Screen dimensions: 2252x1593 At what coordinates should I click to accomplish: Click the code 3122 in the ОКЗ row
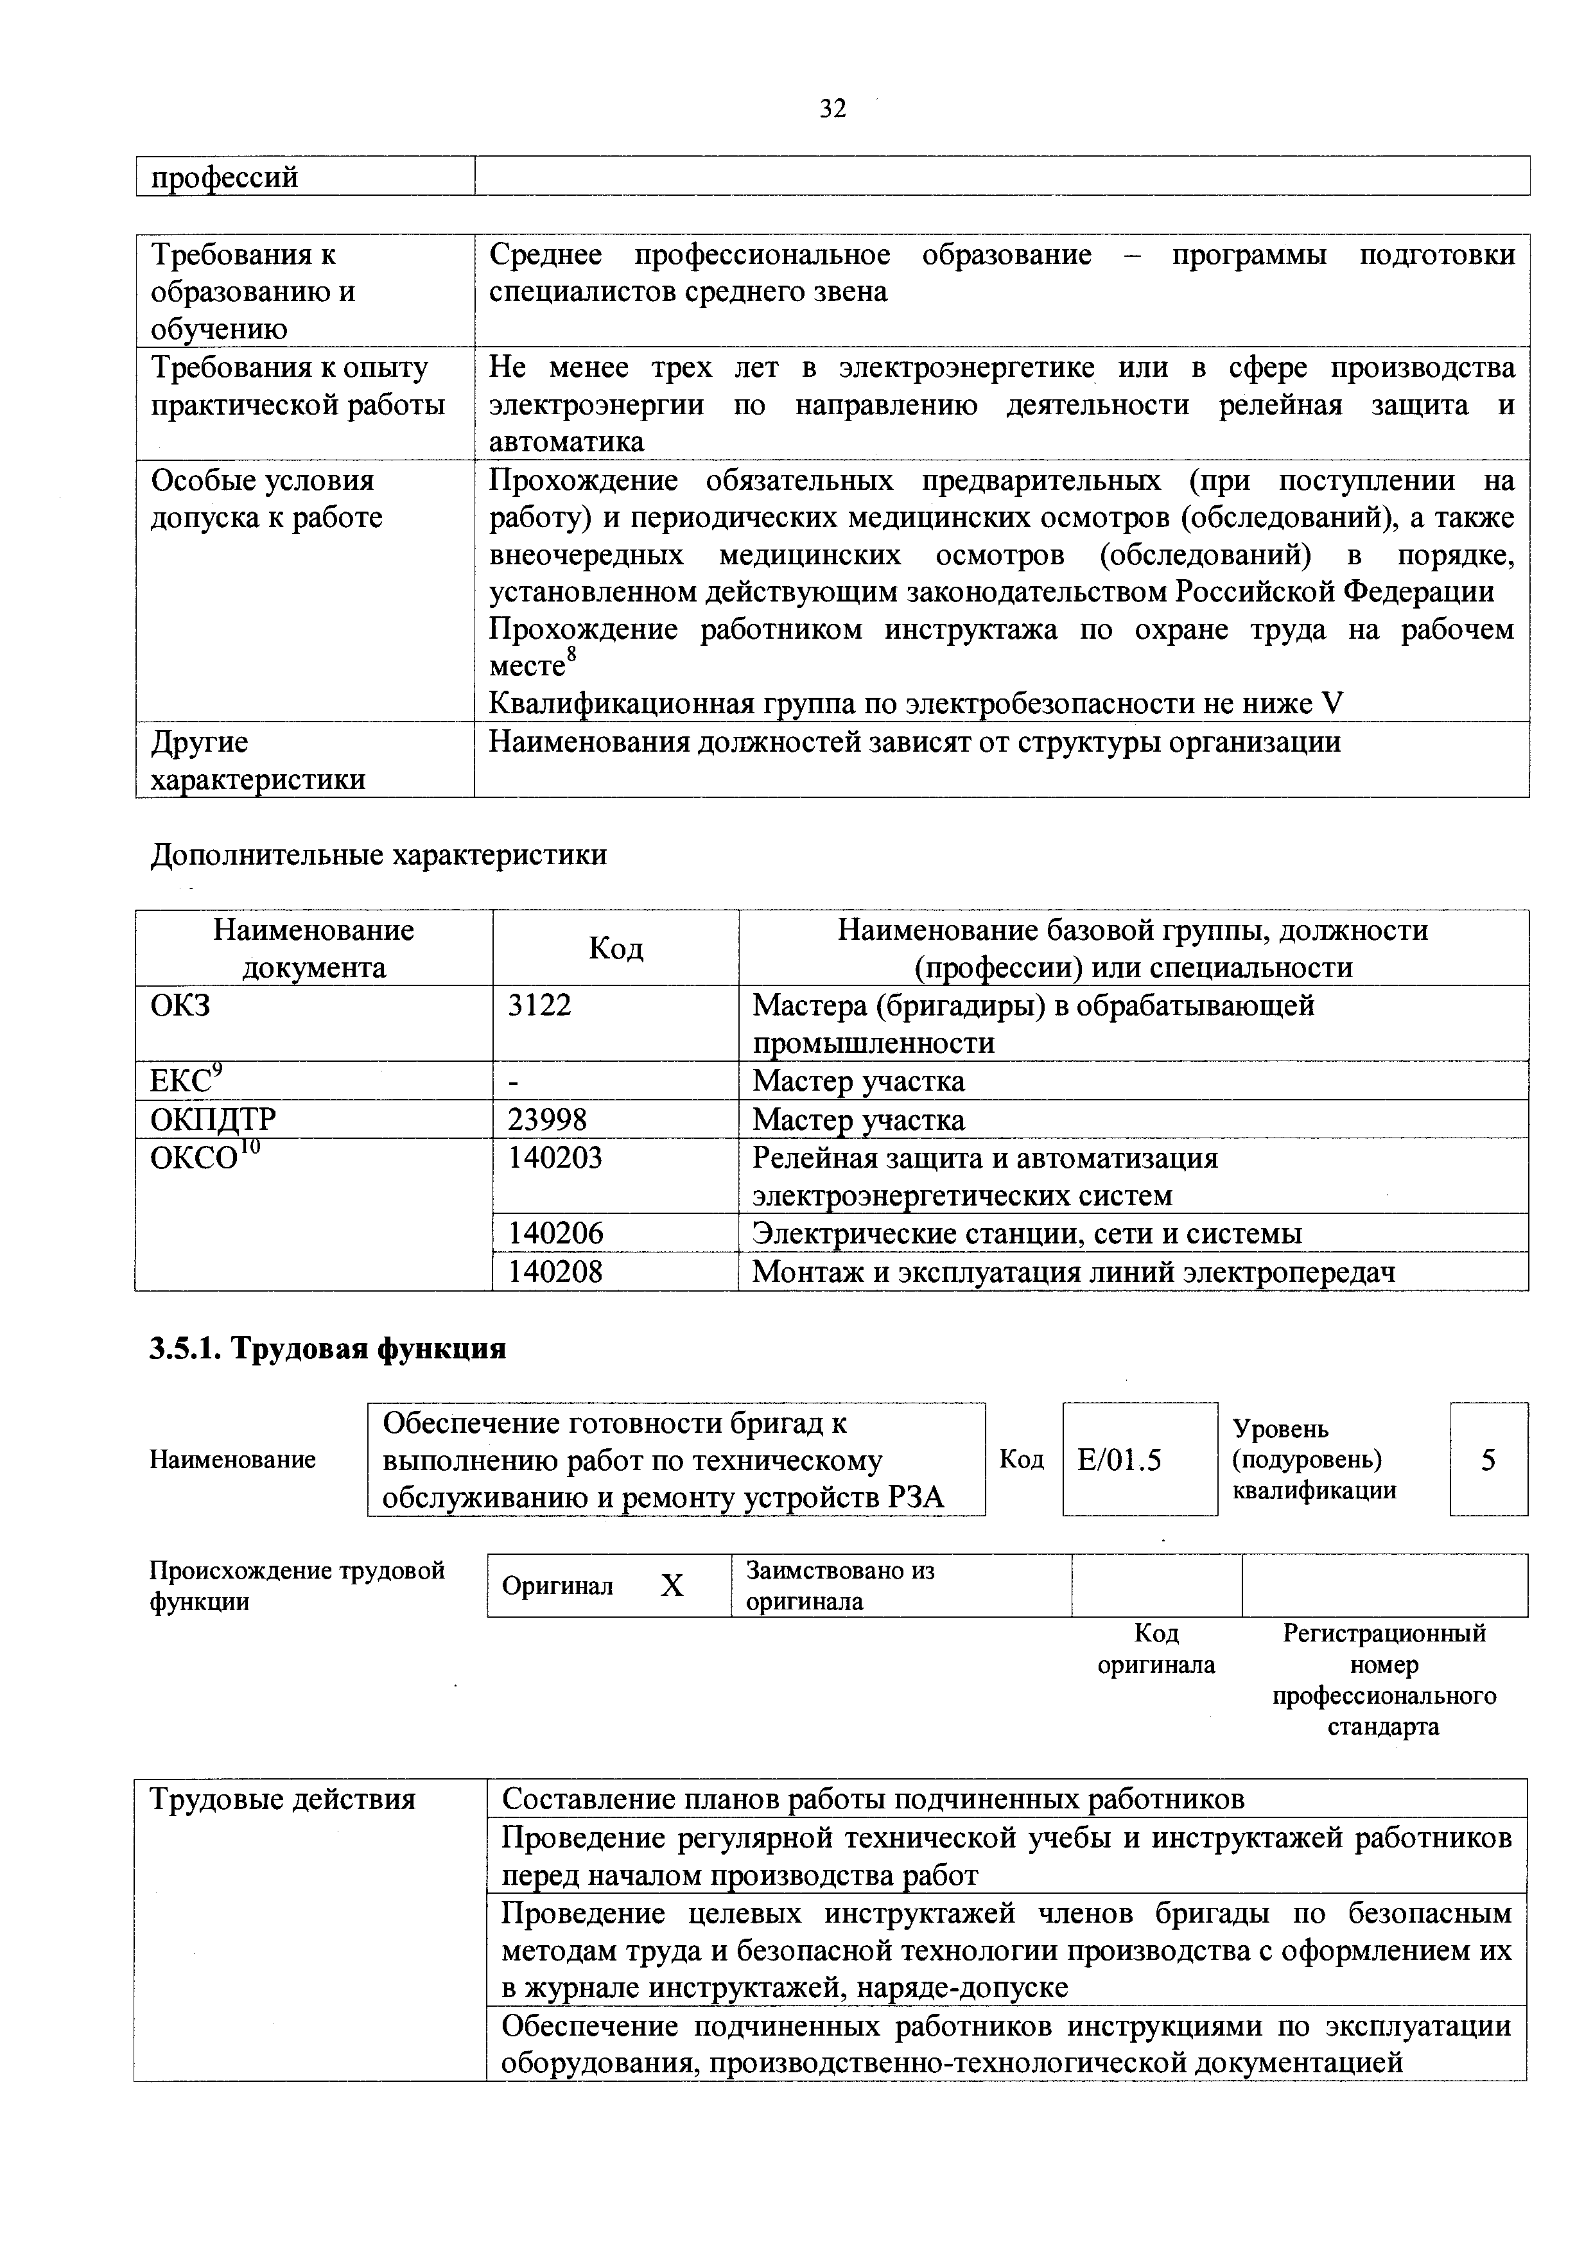point(539,1005)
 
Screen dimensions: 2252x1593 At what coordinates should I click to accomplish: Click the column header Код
point(615,948)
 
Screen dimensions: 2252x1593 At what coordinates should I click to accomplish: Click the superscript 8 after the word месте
point(572,654)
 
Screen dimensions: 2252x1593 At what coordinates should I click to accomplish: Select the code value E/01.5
point(1119,1460)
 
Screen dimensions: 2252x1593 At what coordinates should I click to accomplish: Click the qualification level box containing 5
point(1488,1460)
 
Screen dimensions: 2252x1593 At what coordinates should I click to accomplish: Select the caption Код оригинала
point(1156,1649)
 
